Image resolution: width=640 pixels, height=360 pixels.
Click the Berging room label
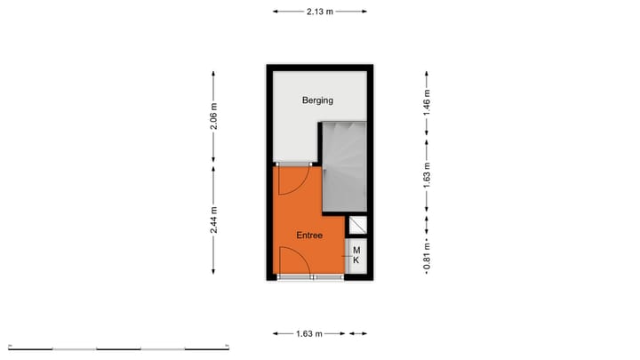coord(317,100)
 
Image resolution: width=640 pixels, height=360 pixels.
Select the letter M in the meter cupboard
coord(356,251)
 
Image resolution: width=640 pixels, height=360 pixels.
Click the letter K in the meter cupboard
coord(356,261)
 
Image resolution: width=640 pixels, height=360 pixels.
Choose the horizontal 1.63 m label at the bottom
coord(310,334)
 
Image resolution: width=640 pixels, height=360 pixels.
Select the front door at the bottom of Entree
coord(293,264)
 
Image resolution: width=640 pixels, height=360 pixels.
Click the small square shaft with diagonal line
coord(357,226)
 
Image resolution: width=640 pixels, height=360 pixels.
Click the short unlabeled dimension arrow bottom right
coord(357,334)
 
